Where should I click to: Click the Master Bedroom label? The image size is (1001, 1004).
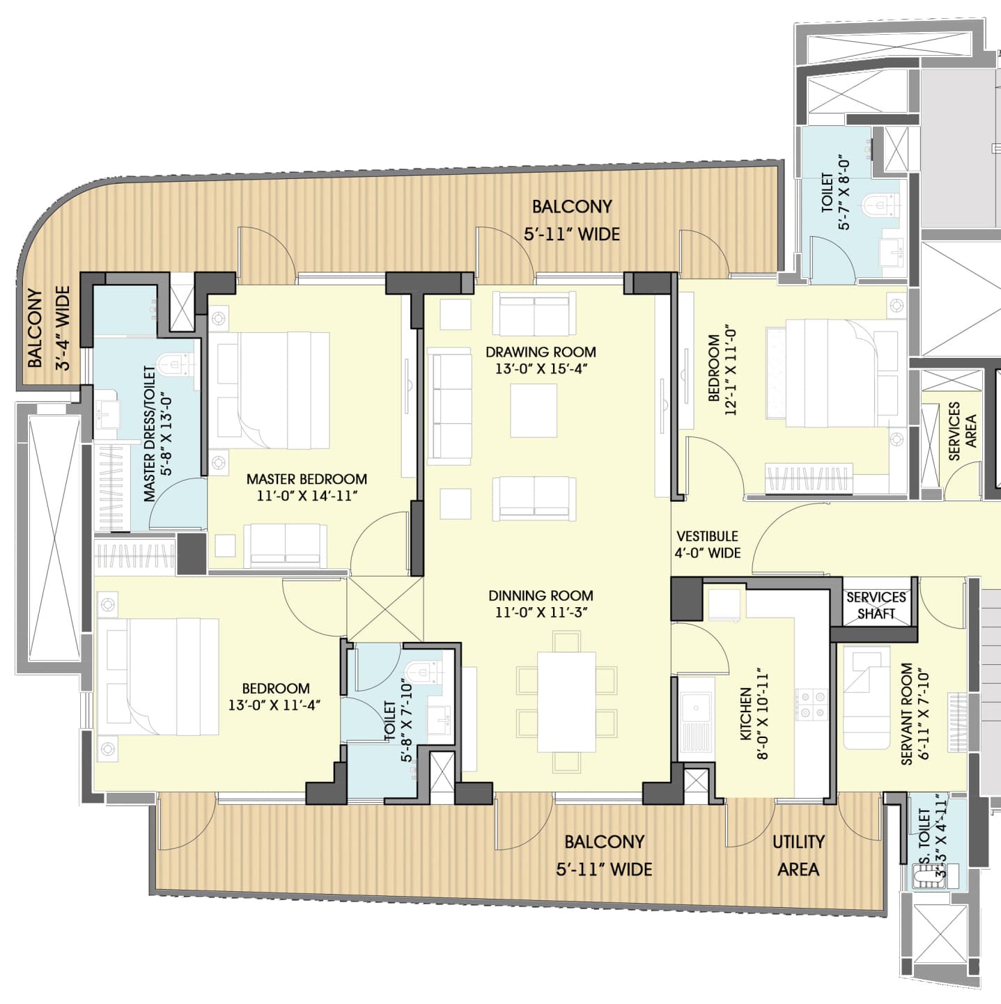[306, 479]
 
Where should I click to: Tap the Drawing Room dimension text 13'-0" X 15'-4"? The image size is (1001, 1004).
[541, 369]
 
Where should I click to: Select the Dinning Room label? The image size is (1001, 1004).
[541, 595]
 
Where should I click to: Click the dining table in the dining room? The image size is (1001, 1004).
[566, 701]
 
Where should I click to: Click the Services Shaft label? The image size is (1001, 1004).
[876, 605]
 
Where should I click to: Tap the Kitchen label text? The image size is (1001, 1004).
[746, 714]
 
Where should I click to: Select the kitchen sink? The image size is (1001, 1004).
[695, 708]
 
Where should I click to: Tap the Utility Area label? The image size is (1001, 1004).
[798, 855]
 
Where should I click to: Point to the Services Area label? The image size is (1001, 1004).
[962, 431]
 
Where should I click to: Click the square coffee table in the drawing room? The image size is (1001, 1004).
[533, 410]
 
